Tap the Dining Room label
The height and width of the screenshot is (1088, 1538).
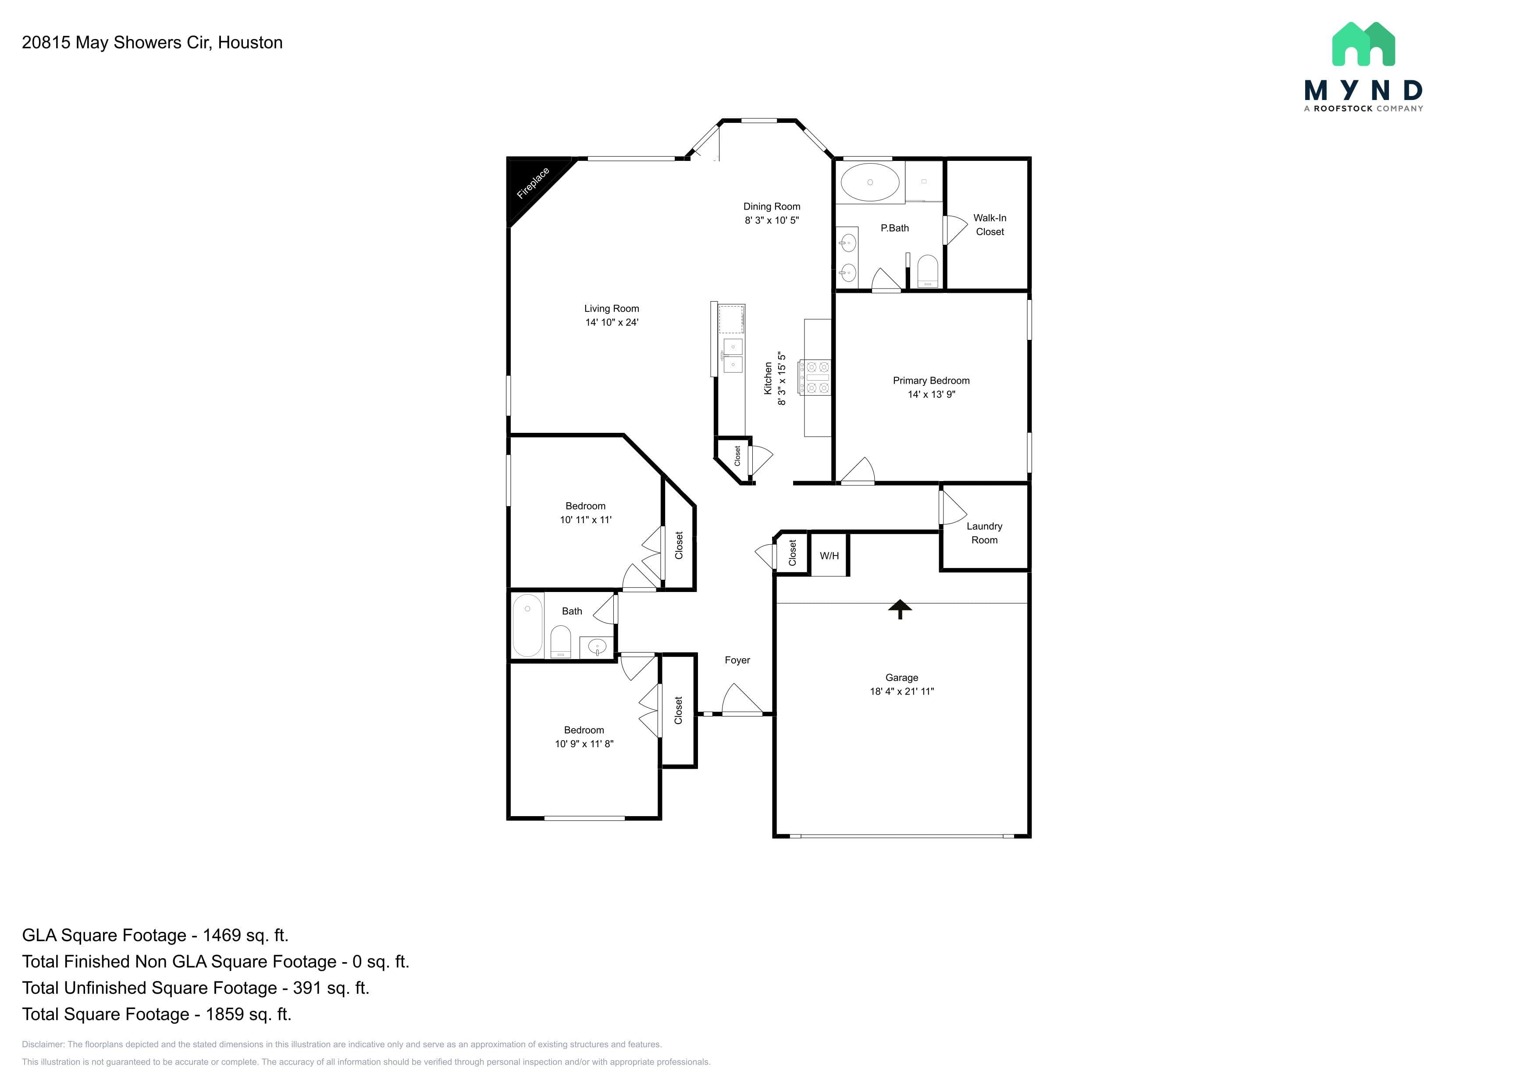(x=772, y=207)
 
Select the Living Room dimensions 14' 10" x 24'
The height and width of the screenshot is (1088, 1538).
(x=612, y=322)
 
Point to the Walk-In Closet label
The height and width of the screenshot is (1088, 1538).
(x=990, y=225)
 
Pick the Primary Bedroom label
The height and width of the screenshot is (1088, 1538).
(x=931, y=381)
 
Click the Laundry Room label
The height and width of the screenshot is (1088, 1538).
(x=984, y=533)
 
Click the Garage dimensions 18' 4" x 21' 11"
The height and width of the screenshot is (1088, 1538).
(x=902, y=692)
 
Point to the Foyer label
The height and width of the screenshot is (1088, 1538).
(x=737, y=660)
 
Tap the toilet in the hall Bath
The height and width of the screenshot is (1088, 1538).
(x=560, y=642)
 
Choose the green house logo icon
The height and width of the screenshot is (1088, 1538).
(x=1363, y=44)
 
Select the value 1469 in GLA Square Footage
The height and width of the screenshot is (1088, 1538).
(x=222, y=935)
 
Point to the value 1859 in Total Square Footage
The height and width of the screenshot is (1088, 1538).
(x=224, y=1014)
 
